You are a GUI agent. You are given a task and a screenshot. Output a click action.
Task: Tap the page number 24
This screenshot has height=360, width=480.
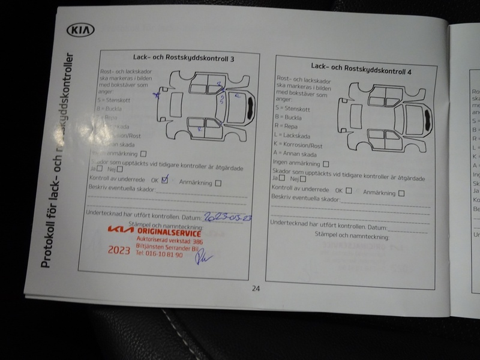coord(256,288)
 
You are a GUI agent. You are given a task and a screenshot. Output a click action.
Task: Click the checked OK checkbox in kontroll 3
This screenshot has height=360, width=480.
coord(164,179)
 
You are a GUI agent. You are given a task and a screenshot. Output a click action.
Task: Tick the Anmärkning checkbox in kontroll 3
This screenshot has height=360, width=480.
coord(218,183)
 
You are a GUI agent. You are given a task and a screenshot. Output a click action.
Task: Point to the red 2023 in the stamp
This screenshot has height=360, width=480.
coord(119,250)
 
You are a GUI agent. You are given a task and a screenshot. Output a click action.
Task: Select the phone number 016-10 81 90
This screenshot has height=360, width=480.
coord(159,254)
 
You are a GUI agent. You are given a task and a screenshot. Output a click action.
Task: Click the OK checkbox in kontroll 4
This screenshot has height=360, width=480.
coord(349,191)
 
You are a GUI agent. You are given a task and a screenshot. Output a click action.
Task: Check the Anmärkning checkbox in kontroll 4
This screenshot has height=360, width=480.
coord(401,193)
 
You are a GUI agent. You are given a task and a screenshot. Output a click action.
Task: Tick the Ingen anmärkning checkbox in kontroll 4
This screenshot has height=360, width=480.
coord(326,163)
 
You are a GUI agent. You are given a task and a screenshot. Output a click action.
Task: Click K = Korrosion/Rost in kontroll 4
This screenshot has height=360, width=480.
coord(298,145)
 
